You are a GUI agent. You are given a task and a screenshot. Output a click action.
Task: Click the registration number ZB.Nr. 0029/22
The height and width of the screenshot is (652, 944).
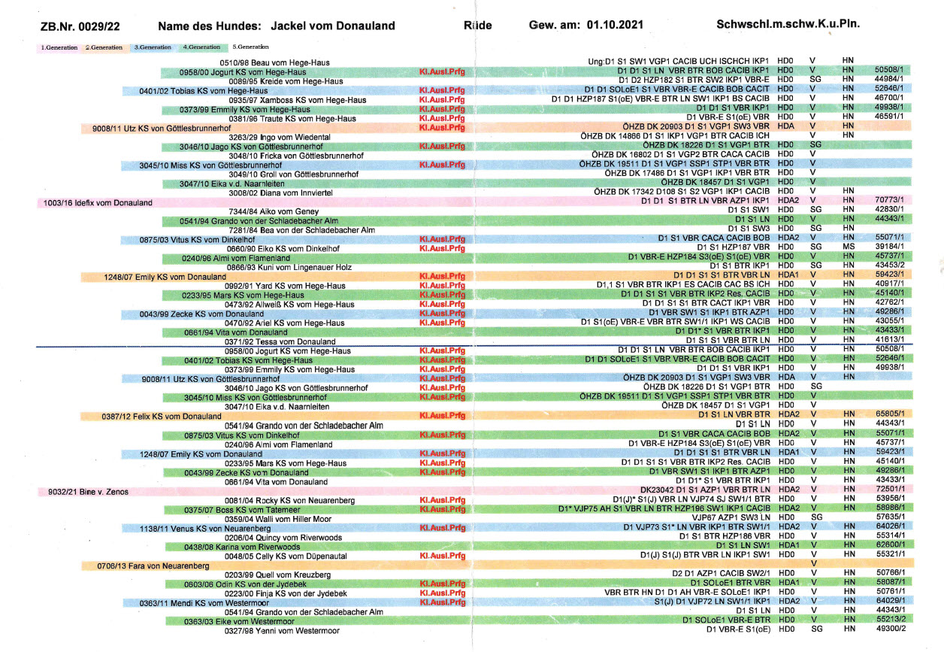click(81, 26)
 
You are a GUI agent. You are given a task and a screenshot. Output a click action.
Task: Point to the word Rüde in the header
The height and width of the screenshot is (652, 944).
click(478, 26)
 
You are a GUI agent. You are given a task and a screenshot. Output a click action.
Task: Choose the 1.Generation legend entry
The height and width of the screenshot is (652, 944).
click(59, 47)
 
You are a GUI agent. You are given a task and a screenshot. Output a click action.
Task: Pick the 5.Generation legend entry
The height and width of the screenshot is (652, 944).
click(252, 47)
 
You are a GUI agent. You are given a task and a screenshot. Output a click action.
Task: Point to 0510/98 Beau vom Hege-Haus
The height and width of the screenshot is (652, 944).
click(269, 62)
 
